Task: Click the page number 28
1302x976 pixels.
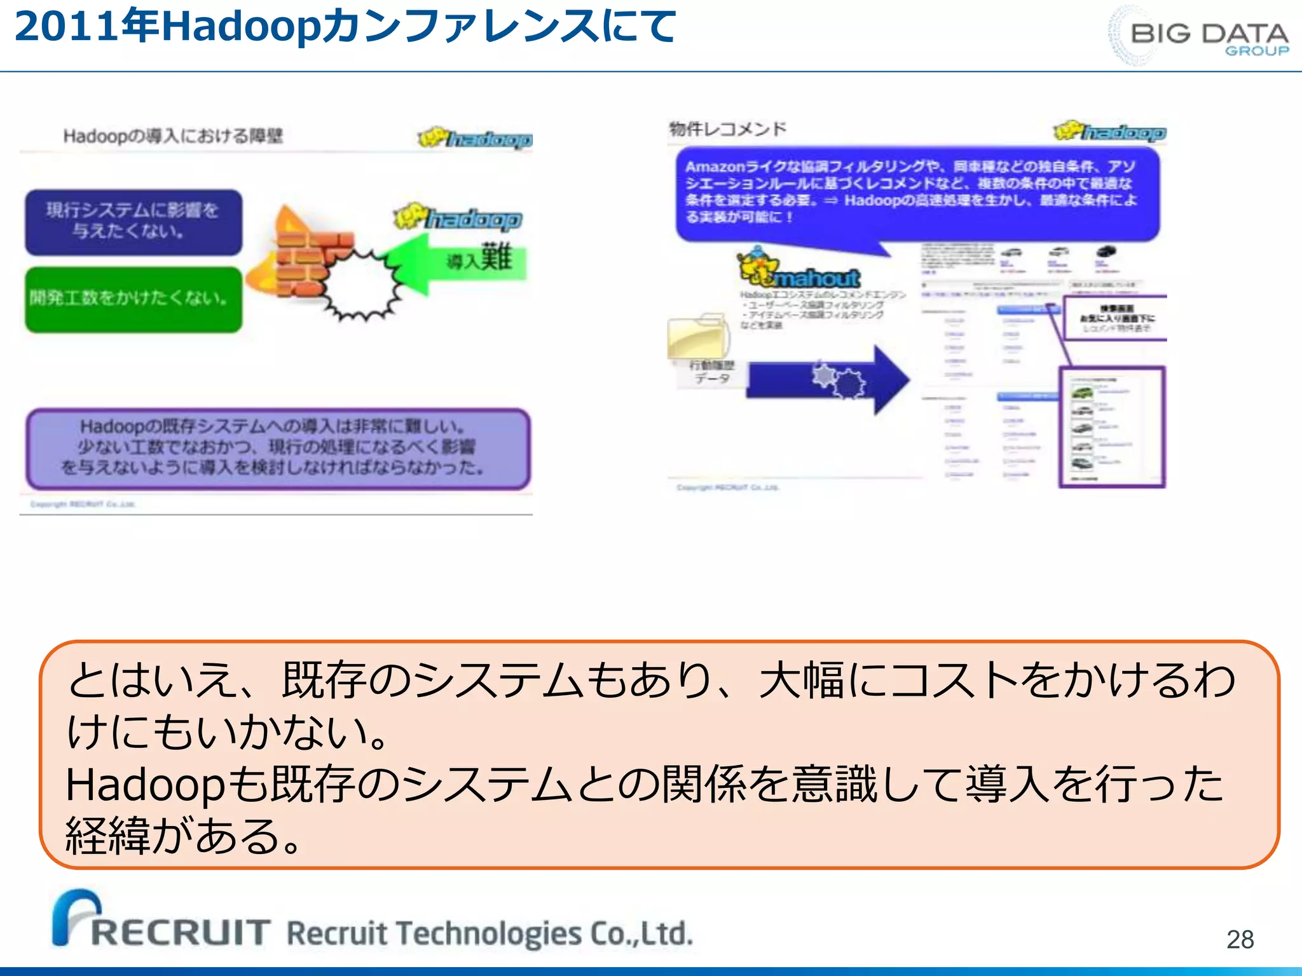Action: pyautogui.click(x=1240, y=939)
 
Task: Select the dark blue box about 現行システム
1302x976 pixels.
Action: pyautogui.click(x=134, y=222)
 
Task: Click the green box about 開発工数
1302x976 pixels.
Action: pyautogui.click(x=134, y=299)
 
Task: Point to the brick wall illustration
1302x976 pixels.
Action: pyautogui.click(x=305, y=254)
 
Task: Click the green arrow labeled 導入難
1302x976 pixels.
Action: pyautogui.click(x=458, y=262)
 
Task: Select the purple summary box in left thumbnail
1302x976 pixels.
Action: pyautogui.click(x=277, y=449)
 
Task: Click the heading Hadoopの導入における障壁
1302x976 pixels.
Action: pyautogui.click(x=173, y=136)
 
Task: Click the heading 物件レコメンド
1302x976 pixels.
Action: pyautogui.click(x=727, y=130)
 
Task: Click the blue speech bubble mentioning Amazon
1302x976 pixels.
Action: pyautogui.click(x=915, y=193)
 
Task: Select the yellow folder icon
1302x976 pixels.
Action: pyautogui.click(x=697, y=336)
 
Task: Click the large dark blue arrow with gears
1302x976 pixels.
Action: pyautogui.click(x=826, y=380)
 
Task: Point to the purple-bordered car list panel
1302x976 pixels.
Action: pyautogui.click(x=1111, y=427)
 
